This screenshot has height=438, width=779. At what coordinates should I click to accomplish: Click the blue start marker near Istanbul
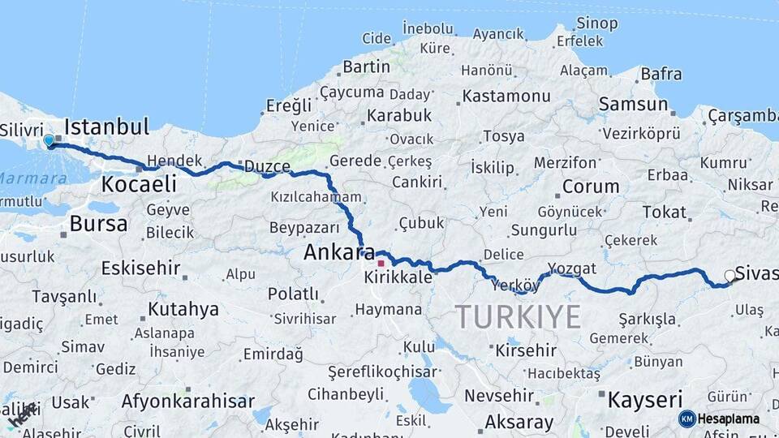49,141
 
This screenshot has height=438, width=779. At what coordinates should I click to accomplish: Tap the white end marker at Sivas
730,277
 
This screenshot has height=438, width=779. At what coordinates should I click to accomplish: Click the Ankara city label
339,252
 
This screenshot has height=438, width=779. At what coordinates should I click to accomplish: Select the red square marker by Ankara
381,263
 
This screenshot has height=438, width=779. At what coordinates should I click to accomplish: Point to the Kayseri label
645,399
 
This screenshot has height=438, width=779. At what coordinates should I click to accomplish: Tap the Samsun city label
633,104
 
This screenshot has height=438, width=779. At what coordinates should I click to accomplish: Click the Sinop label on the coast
596,23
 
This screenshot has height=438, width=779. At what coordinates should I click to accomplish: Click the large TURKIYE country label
518,316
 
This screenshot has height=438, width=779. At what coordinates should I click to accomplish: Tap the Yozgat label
572,268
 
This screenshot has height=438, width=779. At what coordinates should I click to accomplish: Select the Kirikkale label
398,277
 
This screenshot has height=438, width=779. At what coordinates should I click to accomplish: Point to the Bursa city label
98,223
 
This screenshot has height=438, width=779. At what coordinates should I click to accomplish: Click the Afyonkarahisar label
187,401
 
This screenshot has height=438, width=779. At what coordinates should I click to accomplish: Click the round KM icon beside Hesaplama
686,419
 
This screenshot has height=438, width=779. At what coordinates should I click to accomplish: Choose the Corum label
590,186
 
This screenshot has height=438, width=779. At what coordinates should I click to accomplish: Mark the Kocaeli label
139,184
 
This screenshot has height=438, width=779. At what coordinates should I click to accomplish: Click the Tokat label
664,212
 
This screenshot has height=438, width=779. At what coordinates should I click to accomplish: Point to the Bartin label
367,67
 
